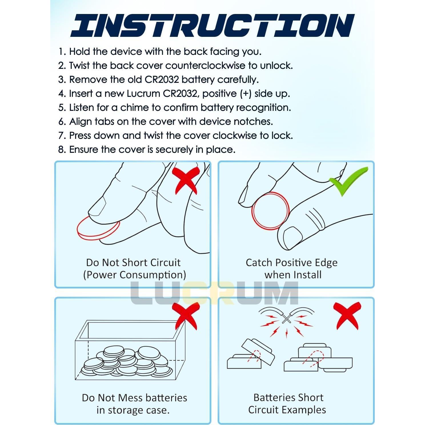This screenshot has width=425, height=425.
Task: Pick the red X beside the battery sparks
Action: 347,316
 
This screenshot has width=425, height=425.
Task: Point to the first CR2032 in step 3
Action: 162,79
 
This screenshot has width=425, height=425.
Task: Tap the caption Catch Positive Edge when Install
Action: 292,269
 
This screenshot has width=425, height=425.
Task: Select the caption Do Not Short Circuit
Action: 133,262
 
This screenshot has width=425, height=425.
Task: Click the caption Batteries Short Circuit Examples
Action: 287,404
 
